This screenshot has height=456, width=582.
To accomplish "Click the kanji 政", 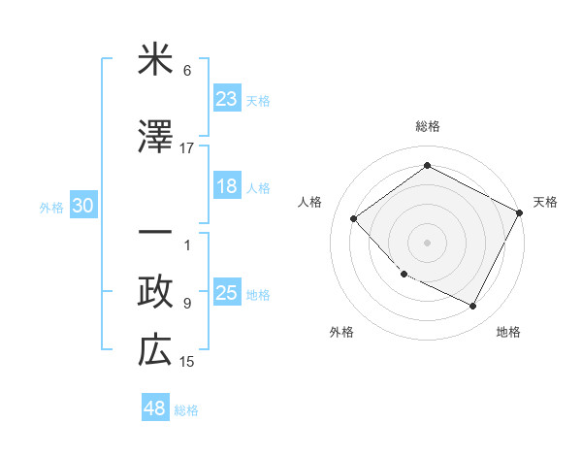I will point(155,292).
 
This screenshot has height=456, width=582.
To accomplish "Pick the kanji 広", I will point(155,350).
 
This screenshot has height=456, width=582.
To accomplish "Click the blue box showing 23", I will point(227,99).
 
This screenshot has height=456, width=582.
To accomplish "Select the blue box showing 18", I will point(227,187).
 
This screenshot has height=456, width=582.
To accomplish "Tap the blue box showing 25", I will point(227,293).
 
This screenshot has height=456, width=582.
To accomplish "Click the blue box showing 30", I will point(82,206).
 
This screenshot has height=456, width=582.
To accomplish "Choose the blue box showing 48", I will point(155,408).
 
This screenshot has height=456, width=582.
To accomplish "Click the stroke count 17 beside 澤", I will point(187,148).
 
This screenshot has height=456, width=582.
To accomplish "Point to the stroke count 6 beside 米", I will point(187,72).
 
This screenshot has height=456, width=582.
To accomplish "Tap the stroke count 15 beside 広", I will point(187,362).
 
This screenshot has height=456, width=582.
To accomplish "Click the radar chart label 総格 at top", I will point(428,126).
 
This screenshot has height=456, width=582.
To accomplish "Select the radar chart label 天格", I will point(545,202).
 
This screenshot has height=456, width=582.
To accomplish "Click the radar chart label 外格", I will point(341,332).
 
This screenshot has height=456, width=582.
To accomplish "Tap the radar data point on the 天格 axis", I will point(520,212).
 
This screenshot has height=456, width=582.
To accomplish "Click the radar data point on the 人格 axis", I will point(354,218).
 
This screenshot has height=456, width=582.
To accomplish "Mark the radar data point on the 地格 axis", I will point(473,307).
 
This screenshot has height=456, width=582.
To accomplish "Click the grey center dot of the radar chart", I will point(428,242).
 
